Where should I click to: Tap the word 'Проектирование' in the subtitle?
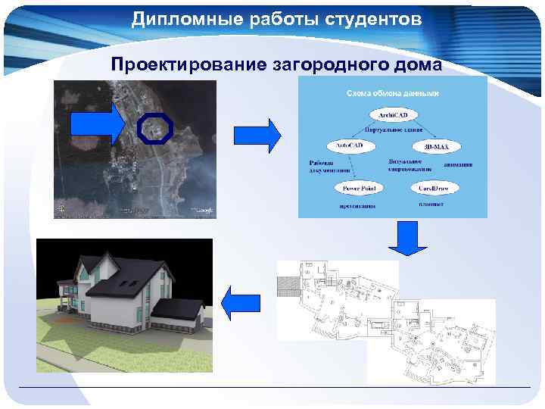[187, 64]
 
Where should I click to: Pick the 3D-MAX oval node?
[437, 145]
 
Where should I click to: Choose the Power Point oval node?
[360, 187]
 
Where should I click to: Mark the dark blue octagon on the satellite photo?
[157, 130]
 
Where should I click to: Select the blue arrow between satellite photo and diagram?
[257, 136]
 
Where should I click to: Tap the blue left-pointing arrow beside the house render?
[240, 304]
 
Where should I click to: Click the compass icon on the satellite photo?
[61, 208]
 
